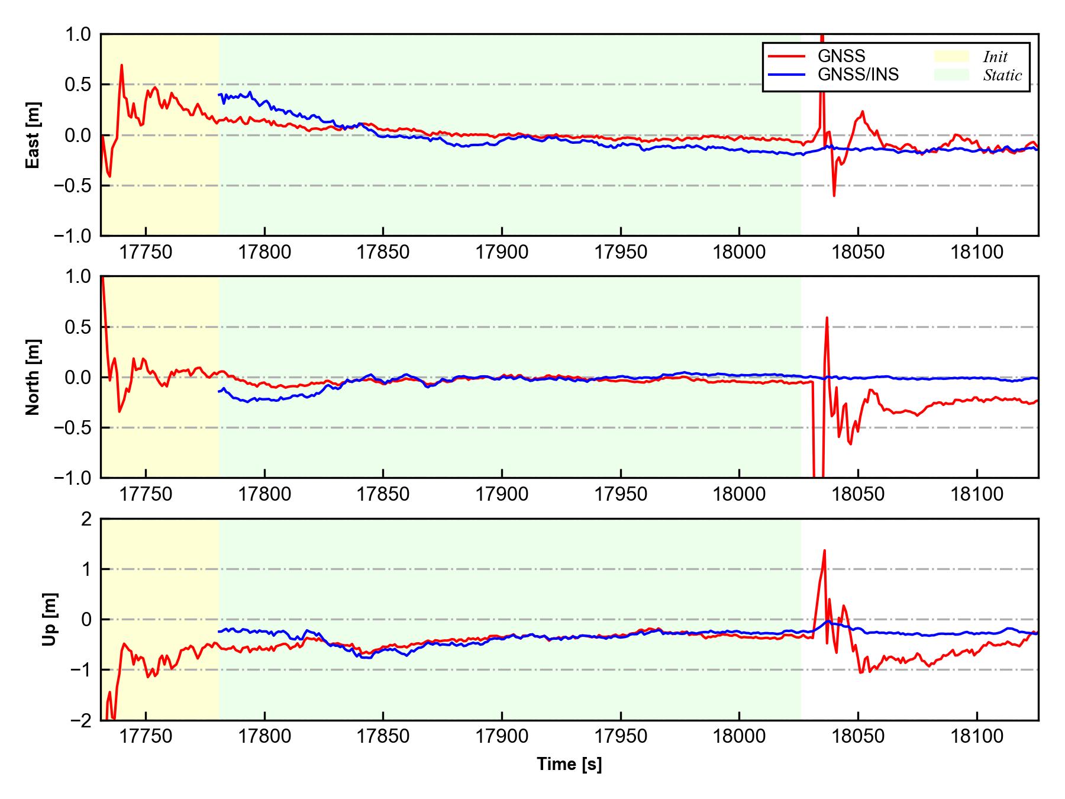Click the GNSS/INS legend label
click(x=858, y=75)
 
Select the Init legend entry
click(x=995, y=57)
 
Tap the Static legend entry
click(x=1002, y=75)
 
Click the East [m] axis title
click(x=34, y=135)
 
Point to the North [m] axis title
click(x=34, y=377)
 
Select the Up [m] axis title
click(x=50, y=619)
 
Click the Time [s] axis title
click(x=569, y=764)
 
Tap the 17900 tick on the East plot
click(x=502, y=253)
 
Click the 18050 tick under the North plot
click(x=858, y=494)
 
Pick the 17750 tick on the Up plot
click(x=146, y=737)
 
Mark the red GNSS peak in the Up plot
click(x=824, y=550)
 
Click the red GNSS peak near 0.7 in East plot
click(x=122, y=65)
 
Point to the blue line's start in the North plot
click(x=219, y=391)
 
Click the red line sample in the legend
click(x=786, y=56)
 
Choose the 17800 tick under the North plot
click(x=264, y=494)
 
